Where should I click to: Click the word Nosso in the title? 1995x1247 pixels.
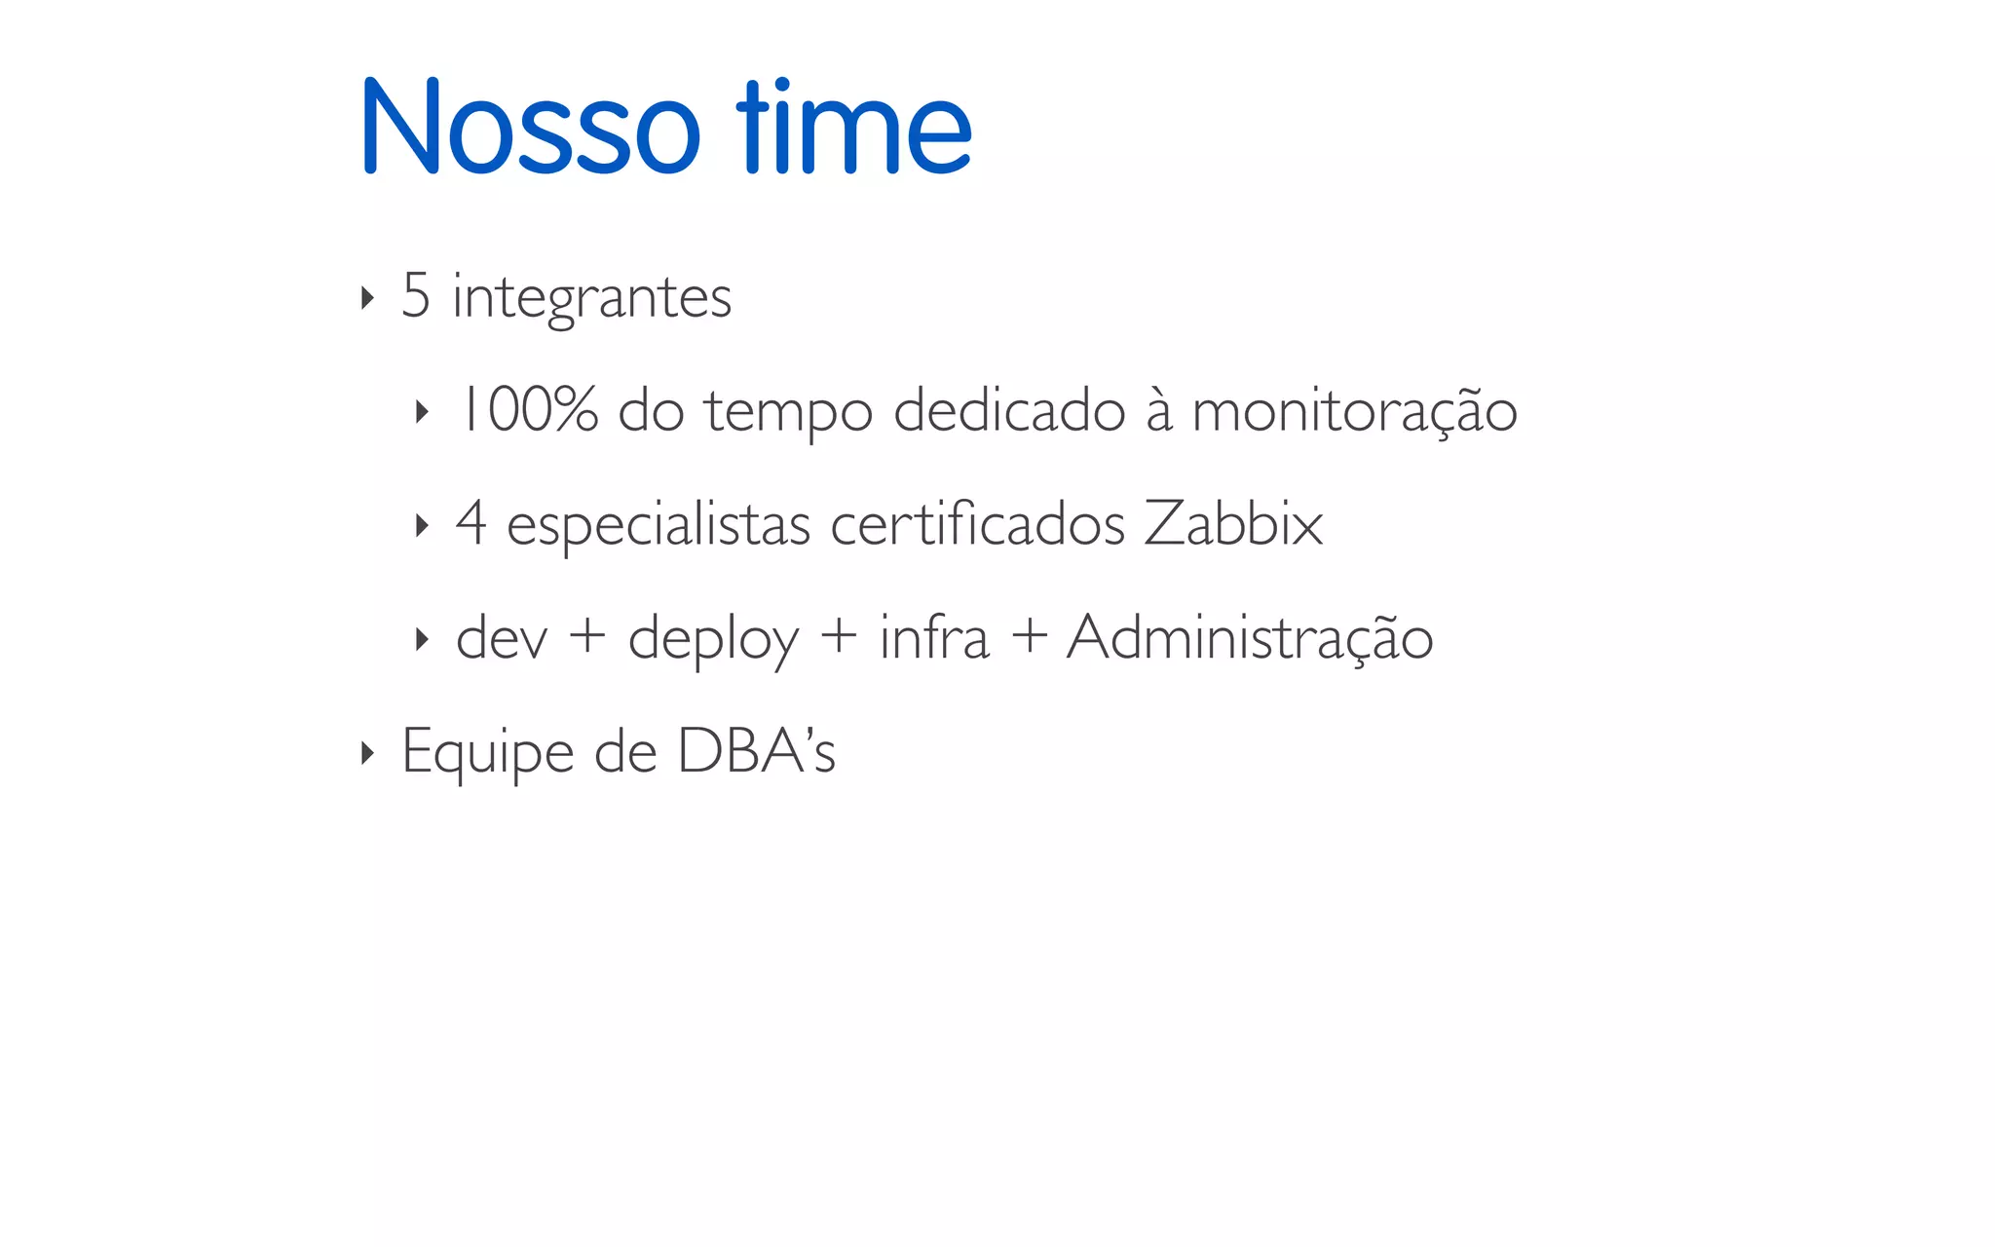[x=530, y=127]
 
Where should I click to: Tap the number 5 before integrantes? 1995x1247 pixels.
[x=416, y=295]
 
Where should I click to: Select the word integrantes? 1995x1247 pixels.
[x=591, y=298]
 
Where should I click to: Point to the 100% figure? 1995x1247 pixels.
[x=527, y=409]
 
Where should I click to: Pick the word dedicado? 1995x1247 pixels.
[x=1009, y=409]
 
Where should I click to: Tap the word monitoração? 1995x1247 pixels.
[x=1354, y=411]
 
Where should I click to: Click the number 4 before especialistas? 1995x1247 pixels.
[x=471, y=523]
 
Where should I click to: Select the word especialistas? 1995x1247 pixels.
[x=659, y=526]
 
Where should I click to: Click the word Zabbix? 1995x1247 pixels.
[x=1233, y=523]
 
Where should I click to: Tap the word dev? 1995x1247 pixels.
[x=502, y=638]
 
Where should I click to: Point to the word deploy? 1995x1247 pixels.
[x=713, y=641]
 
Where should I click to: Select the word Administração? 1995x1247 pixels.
[x=1250, y=638]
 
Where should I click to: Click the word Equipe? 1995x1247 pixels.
[x=488, y=753]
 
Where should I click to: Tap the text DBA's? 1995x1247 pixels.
[x=756, y=750]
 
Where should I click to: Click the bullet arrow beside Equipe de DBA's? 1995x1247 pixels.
[x=366, y=752]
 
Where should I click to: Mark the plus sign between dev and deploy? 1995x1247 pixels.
[x=587, y=638]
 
